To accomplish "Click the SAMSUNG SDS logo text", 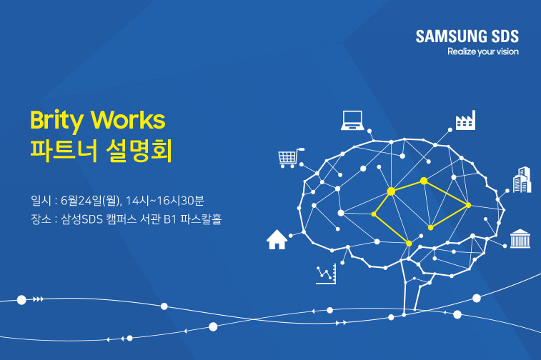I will click(x=467, y=36).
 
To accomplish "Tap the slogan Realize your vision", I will click(x=482, y=51).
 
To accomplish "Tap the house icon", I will click(x=277, y=239).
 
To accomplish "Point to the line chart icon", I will click(x=326, y=274).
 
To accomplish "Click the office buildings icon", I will click(x=522, y=180).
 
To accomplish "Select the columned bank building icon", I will click(x=520, y=239).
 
